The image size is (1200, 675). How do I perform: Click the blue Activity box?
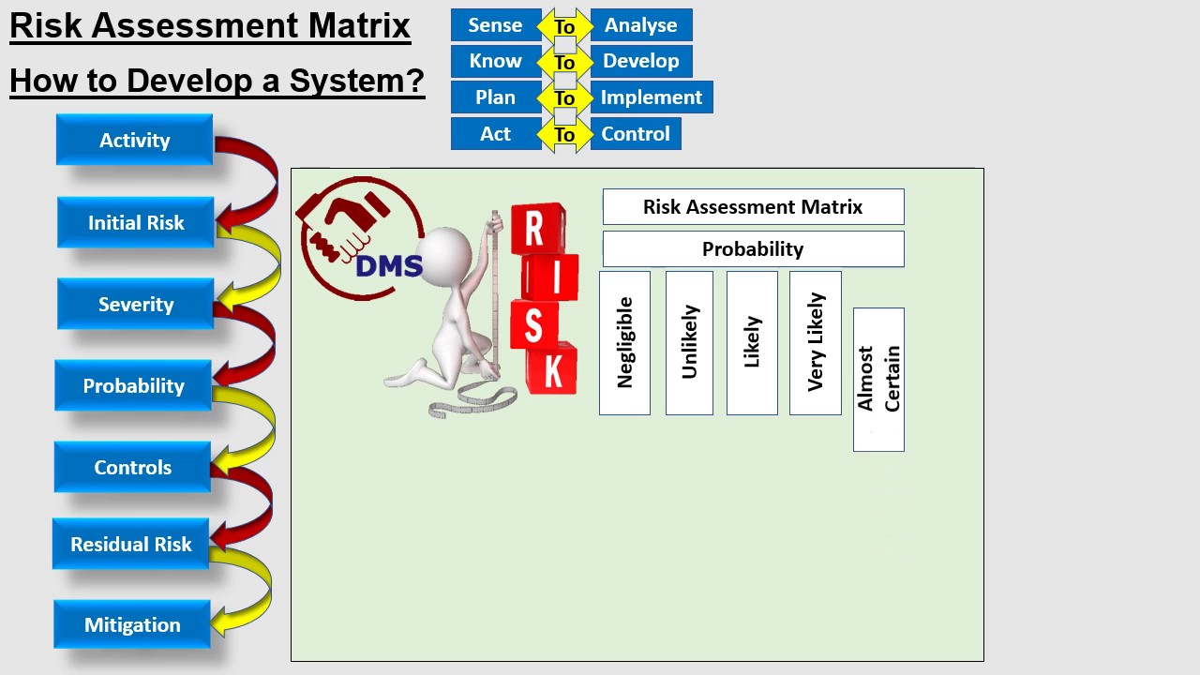134,141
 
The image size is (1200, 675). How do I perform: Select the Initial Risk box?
136,223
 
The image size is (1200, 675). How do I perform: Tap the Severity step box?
136,305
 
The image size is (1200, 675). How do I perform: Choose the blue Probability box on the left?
133,386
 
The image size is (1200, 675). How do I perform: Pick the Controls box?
132,468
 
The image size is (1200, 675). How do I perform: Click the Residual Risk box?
130,545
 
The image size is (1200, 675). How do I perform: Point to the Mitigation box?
132,625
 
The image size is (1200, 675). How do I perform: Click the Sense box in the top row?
495,25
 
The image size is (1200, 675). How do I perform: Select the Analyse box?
641,25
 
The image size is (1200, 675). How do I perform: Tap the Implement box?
652,97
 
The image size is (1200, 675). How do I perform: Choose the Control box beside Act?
636,134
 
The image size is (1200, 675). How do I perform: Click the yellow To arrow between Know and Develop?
564,63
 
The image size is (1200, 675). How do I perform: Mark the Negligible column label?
624,343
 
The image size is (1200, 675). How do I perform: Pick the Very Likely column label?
816,343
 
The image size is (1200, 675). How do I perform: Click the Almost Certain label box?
878,380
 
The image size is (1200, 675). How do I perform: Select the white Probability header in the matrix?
753,249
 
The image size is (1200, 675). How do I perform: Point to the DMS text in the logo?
389,266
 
